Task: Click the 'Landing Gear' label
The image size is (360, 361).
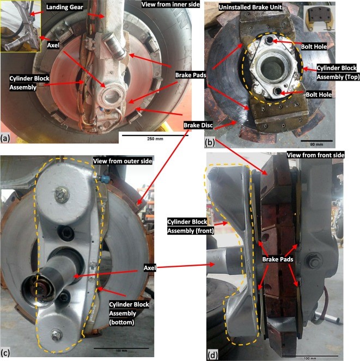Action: coord(64,7)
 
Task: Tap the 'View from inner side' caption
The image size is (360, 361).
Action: coord(170,4)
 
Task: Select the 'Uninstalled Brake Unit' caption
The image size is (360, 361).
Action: coord(250,7)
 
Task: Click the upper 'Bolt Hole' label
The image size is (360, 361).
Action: coord(314,46)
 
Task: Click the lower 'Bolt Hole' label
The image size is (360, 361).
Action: coord(319,94)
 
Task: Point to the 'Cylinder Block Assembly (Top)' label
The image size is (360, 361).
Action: coord(338,72)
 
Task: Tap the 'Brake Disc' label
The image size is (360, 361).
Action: coord(198,125)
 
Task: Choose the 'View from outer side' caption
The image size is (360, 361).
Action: coord(123,161)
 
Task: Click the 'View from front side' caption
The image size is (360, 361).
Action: coord(315,155)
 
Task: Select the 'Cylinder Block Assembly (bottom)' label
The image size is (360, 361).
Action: coord(129,313)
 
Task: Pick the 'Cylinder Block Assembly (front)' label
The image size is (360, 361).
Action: coord(191,226)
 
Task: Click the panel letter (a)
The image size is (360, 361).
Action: coord(5,139)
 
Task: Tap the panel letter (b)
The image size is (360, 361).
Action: coord(210,143)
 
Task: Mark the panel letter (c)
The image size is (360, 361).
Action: coord(5,353)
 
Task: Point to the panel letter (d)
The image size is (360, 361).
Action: coord(212,356)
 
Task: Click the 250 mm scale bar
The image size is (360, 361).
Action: coord(155,136)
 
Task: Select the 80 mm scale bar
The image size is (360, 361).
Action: coord(316,140)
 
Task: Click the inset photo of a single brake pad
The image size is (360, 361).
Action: coord(319,19)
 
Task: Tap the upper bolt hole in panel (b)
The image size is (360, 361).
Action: coord(269,40)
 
